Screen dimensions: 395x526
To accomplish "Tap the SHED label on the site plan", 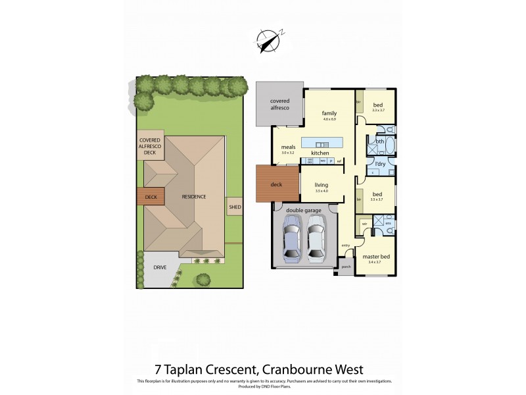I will tap(235, 208).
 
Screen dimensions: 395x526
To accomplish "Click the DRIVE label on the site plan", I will tap(160, 267).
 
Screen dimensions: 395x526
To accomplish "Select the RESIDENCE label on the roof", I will tap(194, 197).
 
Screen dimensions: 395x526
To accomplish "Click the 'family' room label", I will tap(329, 113).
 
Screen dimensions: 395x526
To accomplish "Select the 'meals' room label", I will tap(287, 147).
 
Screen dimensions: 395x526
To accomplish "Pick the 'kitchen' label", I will tap(320, 153).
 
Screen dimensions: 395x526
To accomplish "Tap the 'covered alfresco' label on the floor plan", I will tap(279, 104).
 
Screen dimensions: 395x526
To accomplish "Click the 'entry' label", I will tap(346, 245).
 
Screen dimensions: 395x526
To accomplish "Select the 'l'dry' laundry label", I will tap(380, 163).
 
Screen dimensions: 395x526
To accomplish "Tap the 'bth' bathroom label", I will tap(380, 142).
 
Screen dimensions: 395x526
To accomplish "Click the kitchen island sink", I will tap(322, 144).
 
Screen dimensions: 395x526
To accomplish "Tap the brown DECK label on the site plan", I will tap(151, 196).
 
